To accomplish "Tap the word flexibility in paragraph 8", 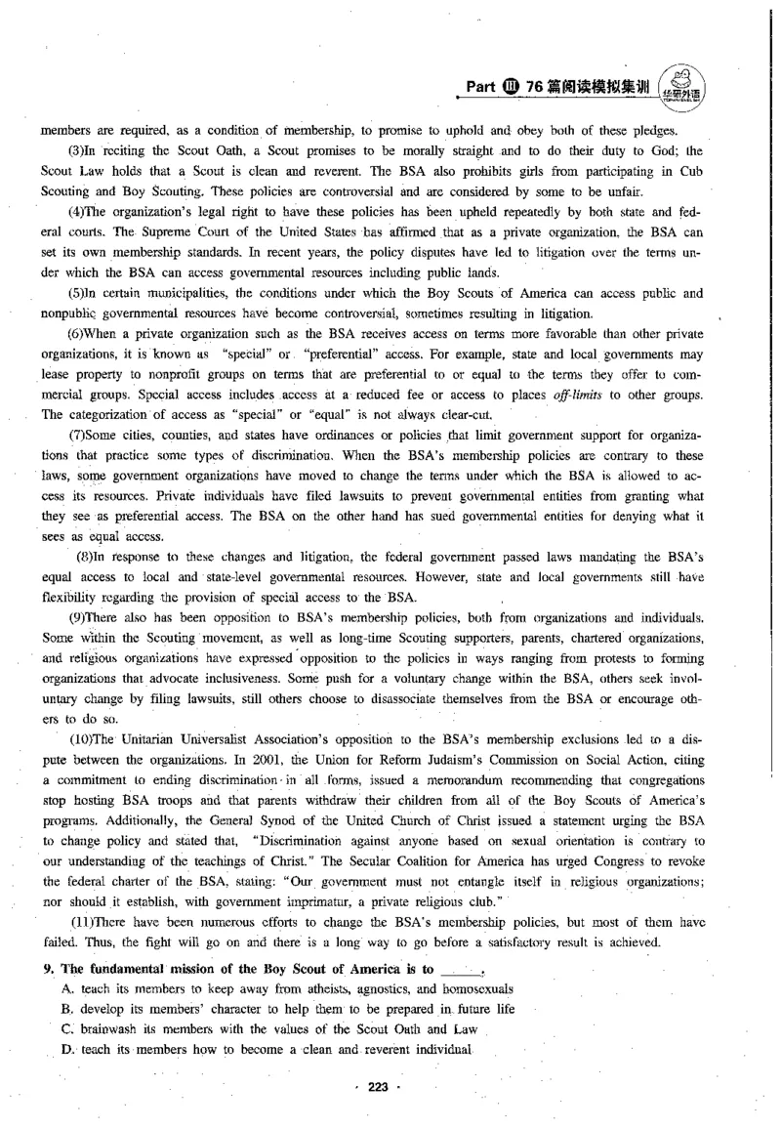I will pos(67,596).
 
